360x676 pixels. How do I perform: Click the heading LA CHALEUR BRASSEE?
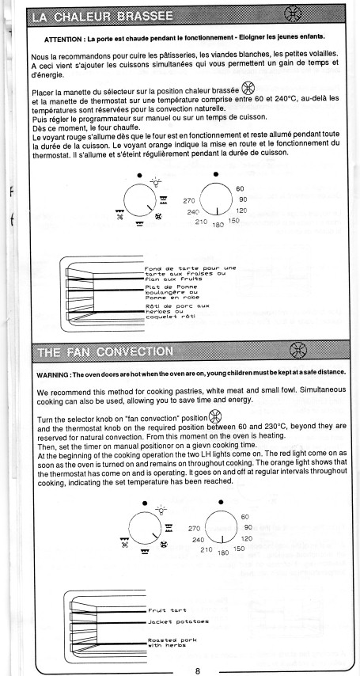(x=103, y=17)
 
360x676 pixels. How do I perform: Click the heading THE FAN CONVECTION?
(x=106, y=351)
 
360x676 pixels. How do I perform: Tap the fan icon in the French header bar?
(x=293, y=14)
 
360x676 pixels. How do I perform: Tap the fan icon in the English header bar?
(x=298, y=350)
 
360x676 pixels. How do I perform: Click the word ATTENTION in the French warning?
(x=64, y=40)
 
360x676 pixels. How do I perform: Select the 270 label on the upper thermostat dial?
(x=189, y=200)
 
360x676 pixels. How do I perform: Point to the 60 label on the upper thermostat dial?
(x=241, y=189)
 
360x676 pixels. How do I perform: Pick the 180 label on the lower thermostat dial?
(x=223, y=553)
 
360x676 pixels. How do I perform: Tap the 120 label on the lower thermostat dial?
(x=247, y=538)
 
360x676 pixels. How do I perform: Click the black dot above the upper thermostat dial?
(x=216, y=174)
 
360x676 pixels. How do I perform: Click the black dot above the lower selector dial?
(x=145, y=503)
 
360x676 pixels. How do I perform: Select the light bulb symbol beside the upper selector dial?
(x=156, y=182)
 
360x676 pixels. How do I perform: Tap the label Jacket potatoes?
(x=178, y=621)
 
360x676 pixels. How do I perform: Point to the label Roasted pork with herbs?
(x=172, y=643)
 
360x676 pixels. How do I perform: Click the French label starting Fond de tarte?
(x=190, y=273)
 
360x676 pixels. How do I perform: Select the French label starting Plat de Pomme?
(x=172, y=292)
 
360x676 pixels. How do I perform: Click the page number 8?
(x=198, y=670)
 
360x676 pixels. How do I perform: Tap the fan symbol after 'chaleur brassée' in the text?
(x=247, y=88)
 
